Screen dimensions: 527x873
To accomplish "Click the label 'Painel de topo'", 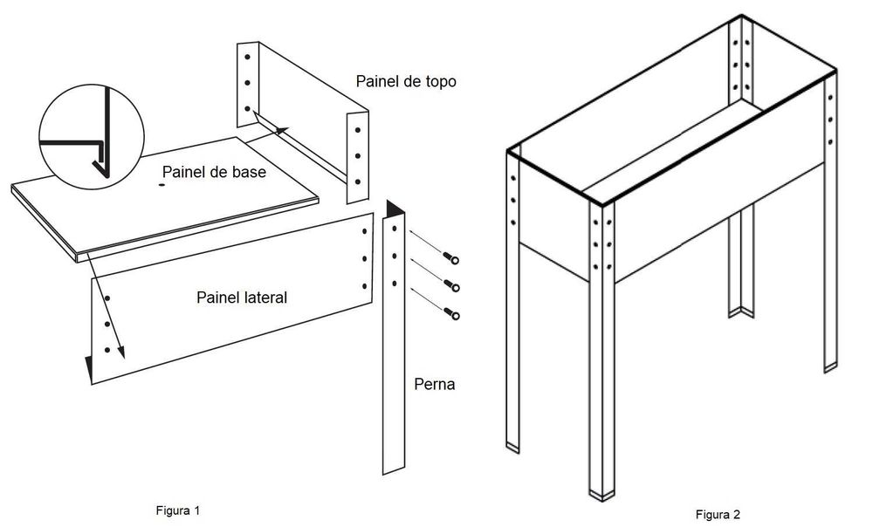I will click(406, 81).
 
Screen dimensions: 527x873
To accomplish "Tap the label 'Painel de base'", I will click(214, 172).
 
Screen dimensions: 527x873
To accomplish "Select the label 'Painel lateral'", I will click(242, 298).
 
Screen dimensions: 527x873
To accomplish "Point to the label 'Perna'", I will click(434, 383).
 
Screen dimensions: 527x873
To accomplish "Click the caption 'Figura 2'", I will click(718, 514).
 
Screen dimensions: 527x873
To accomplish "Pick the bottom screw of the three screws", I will click(450, 312).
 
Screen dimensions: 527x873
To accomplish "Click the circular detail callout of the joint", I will click(92, 133).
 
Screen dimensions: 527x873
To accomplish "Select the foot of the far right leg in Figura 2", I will click(830, 365).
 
